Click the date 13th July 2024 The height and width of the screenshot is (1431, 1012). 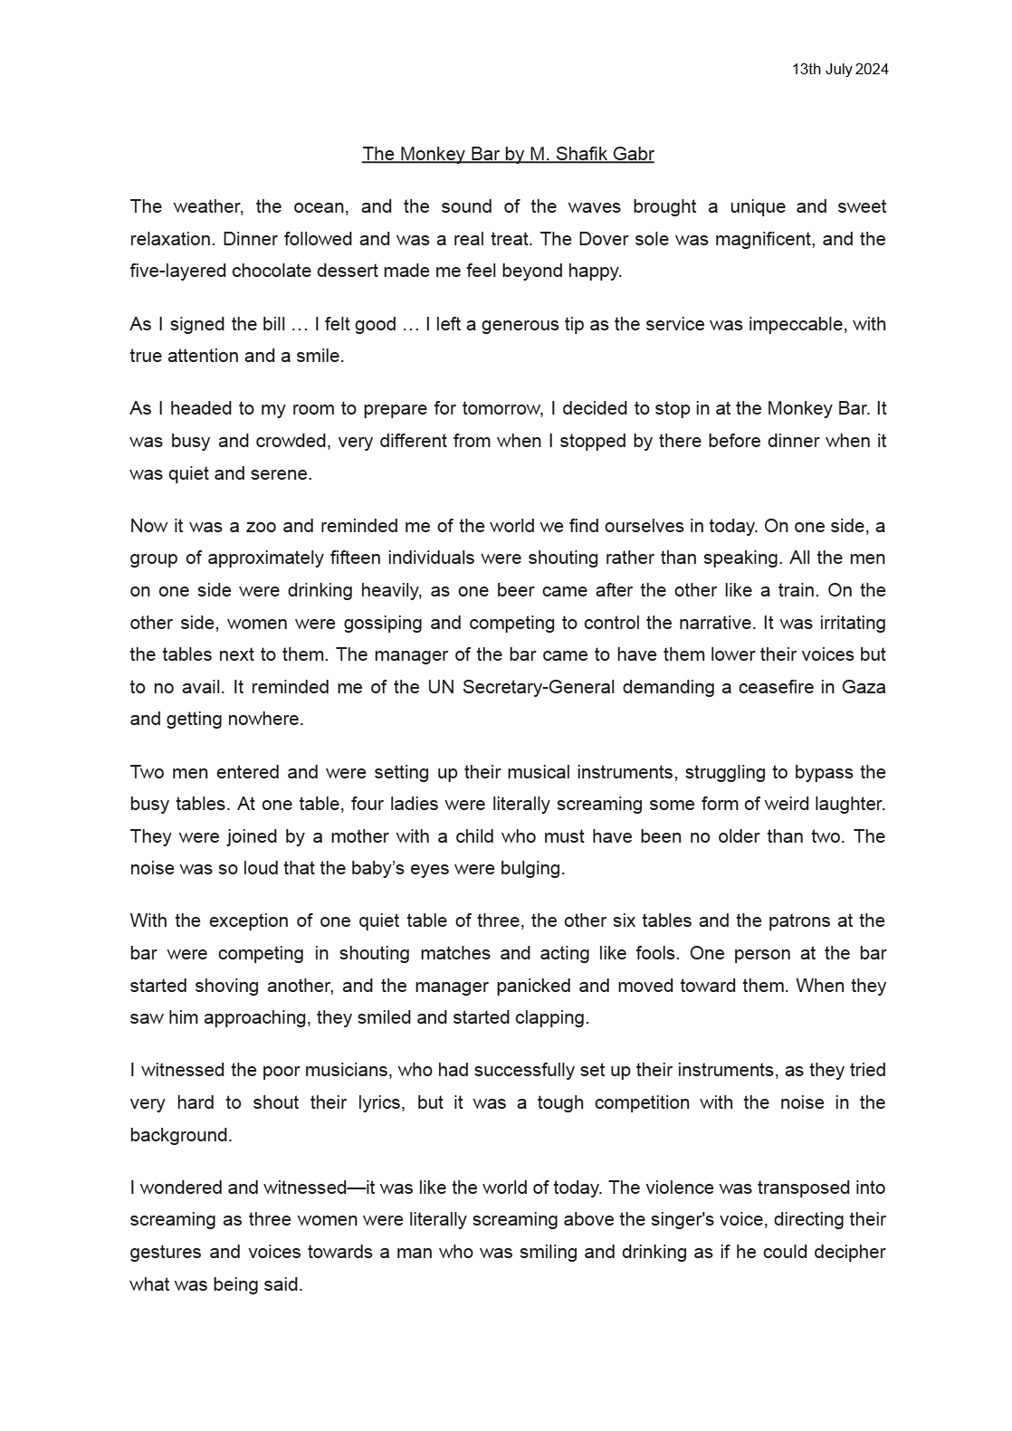(x=839, y=70)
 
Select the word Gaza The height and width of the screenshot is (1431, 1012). (x=864, y=687)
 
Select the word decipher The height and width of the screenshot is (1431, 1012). (x=845, y=1252)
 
